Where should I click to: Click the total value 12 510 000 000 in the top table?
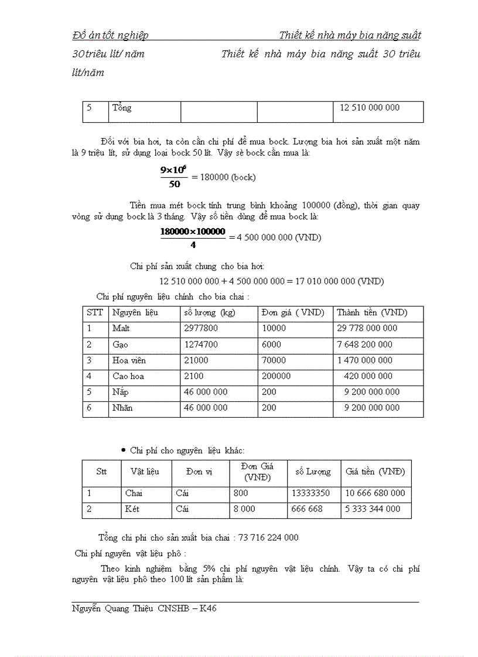[370, 108]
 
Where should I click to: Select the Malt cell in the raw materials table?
[121, 328]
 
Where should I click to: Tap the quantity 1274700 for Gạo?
[201, 345]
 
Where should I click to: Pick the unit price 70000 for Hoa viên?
[274, 360]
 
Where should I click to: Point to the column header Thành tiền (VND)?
[372, 312]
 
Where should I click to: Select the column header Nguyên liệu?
[135, 312]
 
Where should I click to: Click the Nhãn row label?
[122, 408]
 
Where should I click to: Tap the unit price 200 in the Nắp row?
[269, 392]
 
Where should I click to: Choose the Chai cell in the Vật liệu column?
[134, 493]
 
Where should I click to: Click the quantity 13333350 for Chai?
[310, 493]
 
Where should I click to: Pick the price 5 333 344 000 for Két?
[373, 509]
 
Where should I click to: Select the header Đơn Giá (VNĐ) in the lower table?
[258, 472]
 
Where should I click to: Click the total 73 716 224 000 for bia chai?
[268, 538]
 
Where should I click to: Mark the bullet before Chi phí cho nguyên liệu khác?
[123, 450]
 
